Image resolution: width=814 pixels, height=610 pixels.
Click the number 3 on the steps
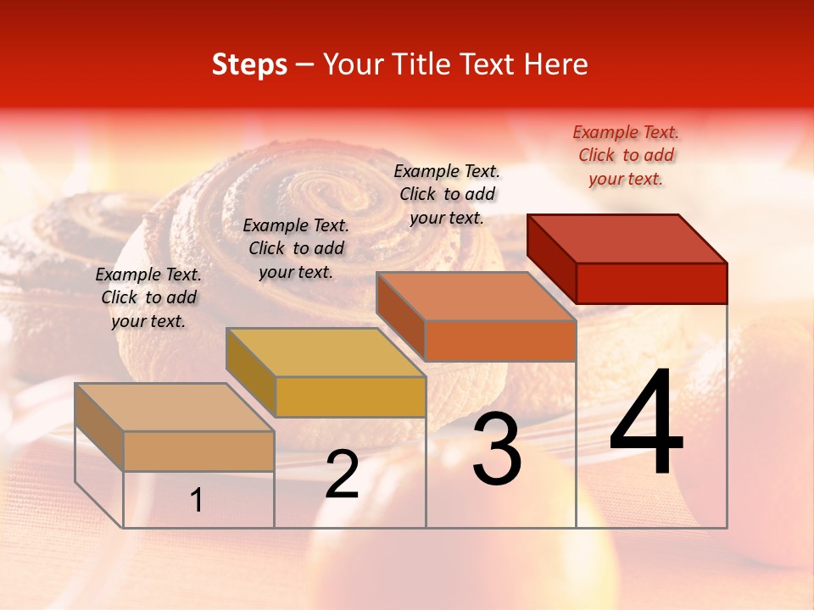(x=497, y=448)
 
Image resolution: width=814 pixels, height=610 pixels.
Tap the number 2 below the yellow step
(x=343, y=474)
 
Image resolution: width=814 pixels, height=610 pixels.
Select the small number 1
(x=197, y=500)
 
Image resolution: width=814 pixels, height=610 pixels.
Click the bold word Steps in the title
(x=249, y=64)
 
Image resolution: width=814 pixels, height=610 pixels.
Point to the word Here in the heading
(x=556, y=64)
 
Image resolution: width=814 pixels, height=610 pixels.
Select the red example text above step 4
(x=626, y=155)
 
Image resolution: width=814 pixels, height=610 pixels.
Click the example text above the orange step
(x=447, y=194)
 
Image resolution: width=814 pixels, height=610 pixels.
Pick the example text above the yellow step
(x=296, y=248)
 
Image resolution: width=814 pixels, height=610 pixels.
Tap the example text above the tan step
(x=148, y=297)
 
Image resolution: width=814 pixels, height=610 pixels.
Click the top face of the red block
(x=627, y=238)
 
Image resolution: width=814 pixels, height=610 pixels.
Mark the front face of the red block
(x=651, y=283)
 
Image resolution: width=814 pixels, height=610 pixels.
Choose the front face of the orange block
(x=500, y=341)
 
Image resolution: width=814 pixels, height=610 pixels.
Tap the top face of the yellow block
(x=326, y=352)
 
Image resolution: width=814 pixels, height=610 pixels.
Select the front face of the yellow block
(x=350, y=396)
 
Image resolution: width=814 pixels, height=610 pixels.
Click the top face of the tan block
(x=175, y=408)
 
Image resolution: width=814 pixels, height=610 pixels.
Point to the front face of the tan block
(x=198, y=451)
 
